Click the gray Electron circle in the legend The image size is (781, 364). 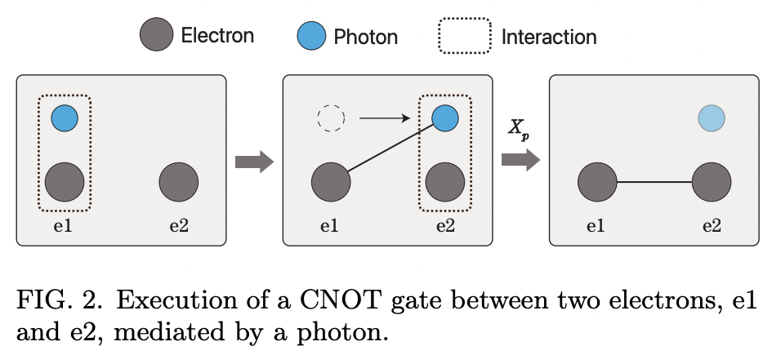coord(156,36)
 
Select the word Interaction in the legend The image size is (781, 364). coord(548,37)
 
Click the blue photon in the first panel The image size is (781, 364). coord(65,119)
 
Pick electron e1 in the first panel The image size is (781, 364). coord(65,181)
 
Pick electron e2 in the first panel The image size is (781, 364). coord(179,181)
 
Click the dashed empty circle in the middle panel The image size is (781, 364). coord(332,119)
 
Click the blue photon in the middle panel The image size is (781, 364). coord(445,119)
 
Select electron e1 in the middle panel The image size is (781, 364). coord(332,181)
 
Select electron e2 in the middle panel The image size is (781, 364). coord(445,181)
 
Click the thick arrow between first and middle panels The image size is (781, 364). coord(253,162)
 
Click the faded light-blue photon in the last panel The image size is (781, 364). coord(712,119)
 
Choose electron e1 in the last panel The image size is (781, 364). coord(598,181)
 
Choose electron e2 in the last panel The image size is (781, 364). coord(712,181)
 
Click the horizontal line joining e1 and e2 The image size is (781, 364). coord(654,181)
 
